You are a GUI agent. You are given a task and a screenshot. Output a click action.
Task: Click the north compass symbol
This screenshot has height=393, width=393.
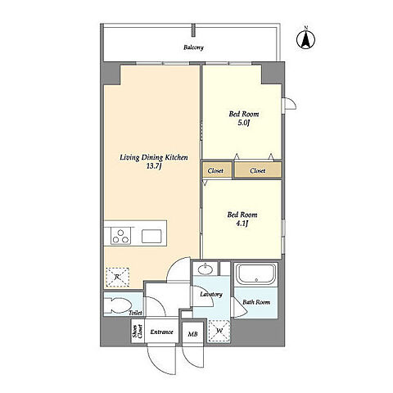tap(305, 39)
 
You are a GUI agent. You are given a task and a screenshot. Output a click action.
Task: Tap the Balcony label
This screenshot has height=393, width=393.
tap(193, 47)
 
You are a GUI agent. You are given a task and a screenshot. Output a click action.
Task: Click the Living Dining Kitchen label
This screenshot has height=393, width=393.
tap(154, 157)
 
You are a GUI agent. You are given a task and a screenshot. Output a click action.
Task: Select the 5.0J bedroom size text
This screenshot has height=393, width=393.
tap(244, 123)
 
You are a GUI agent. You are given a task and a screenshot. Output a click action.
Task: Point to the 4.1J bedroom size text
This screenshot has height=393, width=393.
tap(242, 224)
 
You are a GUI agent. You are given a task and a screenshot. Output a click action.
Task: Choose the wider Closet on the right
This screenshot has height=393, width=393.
tap(258, 170)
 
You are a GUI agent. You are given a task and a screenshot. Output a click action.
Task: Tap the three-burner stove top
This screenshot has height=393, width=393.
tap(120, 236)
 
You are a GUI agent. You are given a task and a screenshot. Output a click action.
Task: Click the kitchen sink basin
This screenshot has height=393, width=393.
tap(151, 236)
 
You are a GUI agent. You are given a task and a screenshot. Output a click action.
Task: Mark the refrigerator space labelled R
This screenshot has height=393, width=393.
tap(118, 277)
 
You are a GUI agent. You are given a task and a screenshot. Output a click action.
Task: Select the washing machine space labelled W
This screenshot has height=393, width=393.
tap(219, 331)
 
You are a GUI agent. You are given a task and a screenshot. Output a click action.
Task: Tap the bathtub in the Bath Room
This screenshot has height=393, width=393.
tap(255, 274)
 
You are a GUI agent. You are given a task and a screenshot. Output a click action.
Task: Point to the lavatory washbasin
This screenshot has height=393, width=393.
tap(206, 270)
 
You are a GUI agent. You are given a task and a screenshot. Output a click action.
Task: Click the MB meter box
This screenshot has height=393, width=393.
tap(193, 333)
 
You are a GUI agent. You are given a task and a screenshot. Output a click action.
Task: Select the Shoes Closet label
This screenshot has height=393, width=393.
tap(137, 332)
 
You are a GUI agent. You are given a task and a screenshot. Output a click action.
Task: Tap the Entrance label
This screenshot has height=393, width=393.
tap(161, 332)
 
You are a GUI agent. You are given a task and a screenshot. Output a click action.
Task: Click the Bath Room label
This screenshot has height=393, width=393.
tap(256, 302)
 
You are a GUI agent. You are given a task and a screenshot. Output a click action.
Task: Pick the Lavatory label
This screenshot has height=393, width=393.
tap(211, 294)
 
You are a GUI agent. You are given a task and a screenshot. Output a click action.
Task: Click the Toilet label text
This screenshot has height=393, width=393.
tap(135, 313)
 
